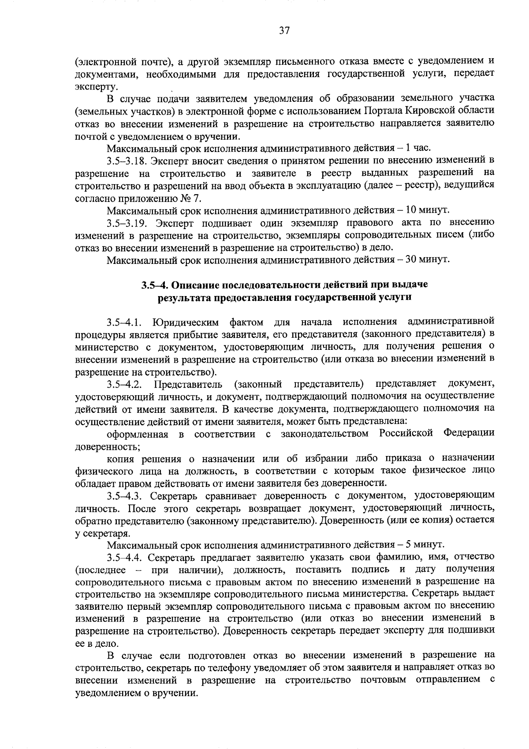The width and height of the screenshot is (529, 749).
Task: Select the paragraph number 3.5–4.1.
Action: (124, 322)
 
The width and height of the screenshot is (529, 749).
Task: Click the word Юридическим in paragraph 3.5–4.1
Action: (184, 322)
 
